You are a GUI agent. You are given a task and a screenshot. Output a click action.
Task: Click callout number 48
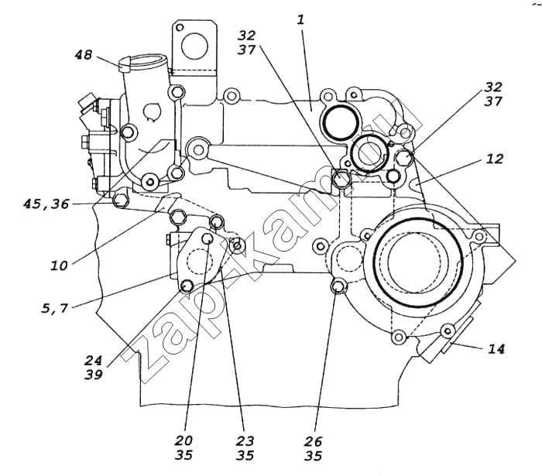tap(84, 55)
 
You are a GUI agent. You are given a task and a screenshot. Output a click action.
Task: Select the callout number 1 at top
tap(301, 19)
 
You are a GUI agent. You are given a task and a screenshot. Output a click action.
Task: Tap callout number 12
tap(494, 159)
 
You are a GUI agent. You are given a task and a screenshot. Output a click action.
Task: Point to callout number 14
tap(496, 348)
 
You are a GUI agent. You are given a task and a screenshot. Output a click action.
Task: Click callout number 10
tap(59, 265)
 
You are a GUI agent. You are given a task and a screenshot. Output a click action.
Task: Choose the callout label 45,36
tap(46, 204)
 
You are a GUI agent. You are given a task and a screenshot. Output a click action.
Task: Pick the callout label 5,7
tap(54, 308)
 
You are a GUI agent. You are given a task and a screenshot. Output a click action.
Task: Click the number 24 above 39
tap(94, 360)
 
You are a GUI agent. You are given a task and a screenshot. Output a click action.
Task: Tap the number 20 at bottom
tap(184, 440)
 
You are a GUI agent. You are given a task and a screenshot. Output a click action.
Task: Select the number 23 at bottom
tap(245, 440)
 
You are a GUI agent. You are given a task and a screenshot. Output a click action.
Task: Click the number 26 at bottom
tap(313, 441)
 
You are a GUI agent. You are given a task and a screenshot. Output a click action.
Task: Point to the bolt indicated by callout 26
tap(338, 286)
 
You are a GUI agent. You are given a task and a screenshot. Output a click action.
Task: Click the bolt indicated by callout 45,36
tap(119, 200)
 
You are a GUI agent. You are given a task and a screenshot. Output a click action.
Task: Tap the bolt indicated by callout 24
tap(187, 286)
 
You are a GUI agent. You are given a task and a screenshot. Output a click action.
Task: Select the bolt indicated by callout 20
tap(207, 238)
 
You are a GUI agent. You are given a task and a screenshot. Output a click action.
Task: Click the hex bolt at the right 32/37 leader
tap(404, 157)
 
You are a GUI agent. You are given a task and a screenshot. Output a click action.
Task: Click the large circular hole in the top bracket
tap(194, 46)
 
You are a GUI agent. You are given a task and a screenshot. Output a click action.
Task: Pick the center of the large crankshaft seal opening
tap(418, 263)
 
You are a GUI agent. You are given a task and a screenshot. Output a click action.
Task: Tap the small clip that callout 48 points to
tap(123, 64)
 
